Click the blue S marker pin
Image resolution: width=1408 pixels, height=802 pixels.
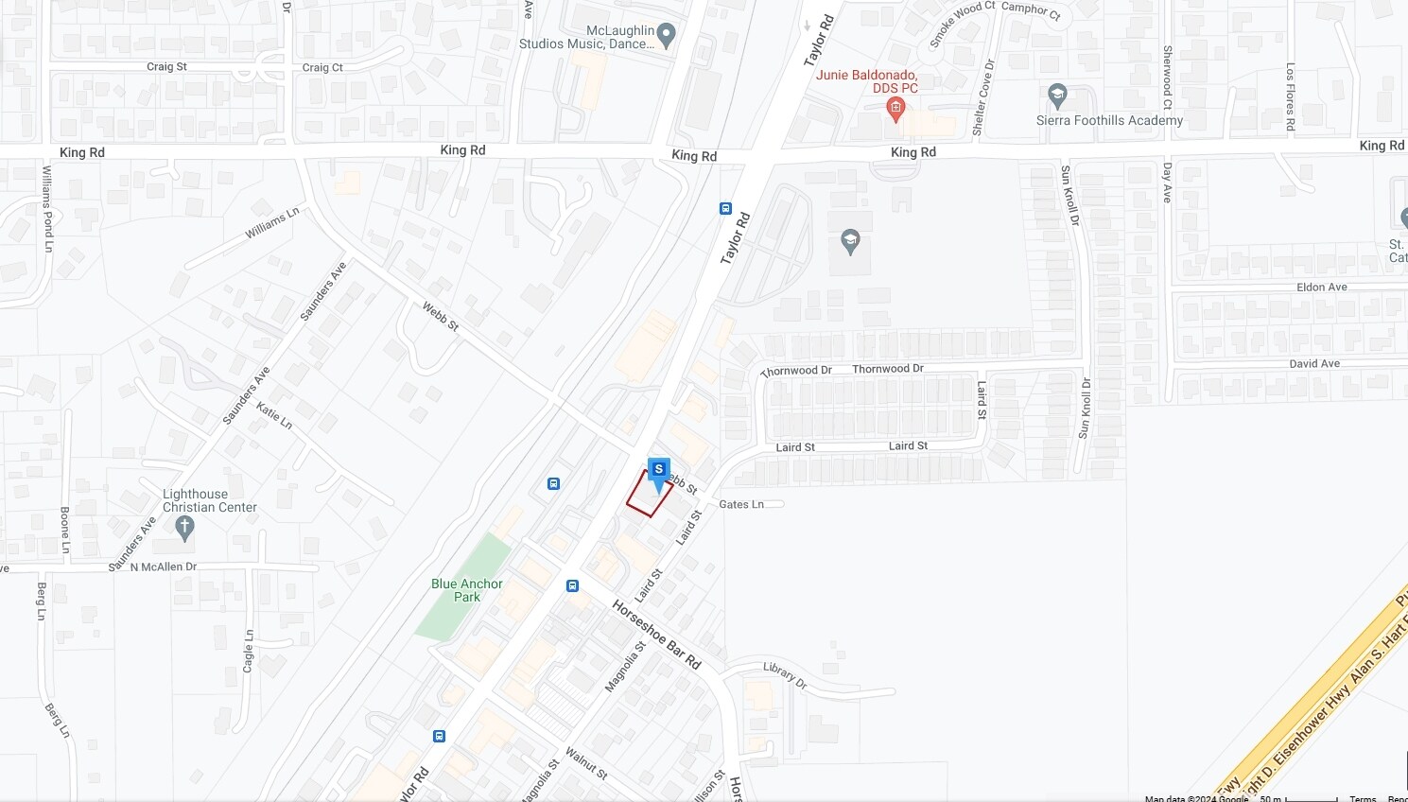(659, 471)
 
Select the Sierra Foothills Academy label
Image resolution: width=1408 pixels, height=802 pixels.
(1109, 120)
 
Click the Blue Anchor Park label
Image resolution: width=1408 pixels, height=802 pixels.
(467, 590)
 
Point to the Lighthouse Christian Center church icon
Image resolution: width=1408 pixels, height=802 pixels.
(184, 528)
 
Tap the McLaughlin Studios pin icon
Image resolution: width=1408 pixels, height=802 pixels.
(666, 36)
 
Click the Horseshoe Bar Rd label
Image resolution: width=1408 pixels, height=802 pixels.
(656, 635)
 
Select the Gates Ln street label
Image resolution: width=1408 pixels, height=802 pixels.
(741, 504)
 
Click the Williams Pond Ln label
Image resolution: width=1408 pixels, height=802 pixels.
(47, 209)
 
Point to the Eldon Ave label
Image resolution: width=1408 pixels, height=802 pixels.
(1322, 288)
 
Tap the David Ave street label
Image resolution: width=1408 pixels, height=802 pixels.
(1314, 364)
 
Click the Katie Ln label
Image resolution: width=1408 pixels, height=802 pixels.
(274, 415)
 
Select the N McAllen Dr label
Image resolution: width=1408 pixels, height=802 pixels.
(164, 567)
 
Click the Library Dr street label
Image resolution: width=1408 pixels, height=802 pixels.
(785, 674)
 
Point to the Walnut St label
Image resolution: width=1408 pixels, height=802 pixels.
(586, 762)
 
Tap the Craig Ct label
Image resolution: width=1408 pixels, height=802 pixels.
(322, 68)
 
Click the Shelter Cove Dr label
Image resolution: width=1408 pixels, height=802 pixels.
(984, 97)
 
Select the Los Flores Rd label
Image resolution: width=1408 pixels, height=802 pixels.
(1290, 96)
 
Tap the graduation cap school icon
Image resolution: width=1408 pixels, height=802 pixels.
(849, 241)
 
